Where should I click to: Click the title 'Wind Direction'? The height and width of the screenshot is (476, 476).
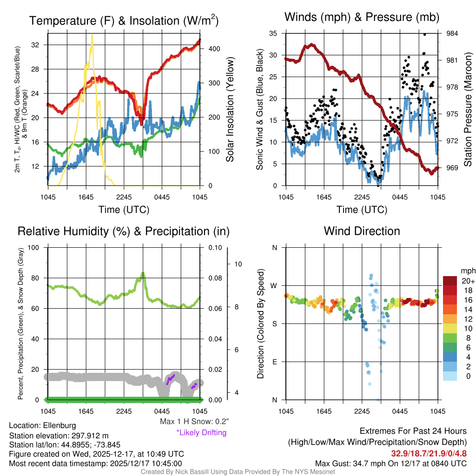362,231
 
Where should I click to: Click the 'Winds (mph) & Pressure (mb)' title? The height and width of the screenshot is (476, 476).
362,18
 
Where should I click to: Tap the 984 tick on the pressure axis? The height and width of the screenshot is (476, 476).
452,33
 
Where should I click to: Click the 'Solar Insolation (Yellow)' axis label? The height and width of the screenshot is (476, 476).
230,110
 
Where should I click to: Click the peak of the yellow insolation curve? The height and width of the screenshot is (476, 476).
92,35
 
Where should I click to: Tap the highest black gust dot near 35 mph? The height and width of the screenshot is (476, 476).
424,34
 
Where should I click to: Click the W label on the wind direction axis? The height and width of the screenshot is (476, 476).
275,285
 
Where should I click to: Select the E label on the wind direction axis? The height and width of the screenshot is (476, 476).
275,362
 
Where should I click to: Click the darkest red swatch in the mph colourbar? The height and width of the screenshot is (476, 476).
450,280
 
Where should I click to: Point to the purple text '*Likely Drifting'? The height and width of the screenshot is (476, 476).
201,433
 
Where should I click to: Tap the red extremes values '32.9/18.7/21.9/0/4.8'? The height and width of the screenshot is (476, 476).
429,453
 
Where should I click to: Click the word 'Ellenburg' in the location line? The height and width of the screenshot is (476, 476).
59,425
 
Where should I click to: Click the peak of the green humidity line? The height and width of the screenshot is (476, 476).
143,273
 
